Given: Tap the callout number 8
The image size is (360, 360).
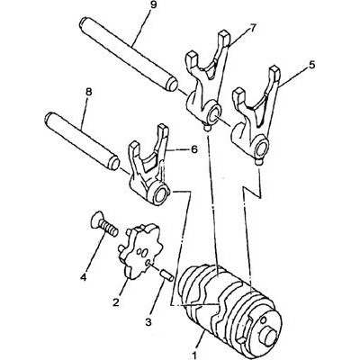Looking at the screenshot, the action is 89,93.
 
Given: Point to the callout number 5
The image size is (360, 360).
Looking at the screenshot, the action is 312,65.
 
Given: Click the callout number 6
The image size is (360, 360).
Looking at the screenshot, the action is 194,149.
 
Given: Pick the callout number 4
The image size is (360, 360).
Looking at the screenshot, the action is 83,276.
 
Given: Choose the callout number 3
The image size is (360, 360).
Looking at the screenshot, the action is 148,322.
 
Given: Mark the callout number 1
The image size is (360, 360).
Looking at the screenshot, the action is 194,355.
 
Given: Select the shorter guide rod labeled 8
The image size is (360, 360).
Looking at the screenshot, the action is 82,140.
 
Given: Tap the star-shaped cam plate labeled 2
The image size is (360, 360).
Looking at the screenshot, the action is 140,250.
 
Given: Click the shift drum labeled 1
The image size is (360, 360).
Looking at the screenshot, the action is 229,310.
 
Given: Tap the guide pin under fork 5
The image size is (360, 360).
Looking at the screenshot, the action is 258,162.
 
